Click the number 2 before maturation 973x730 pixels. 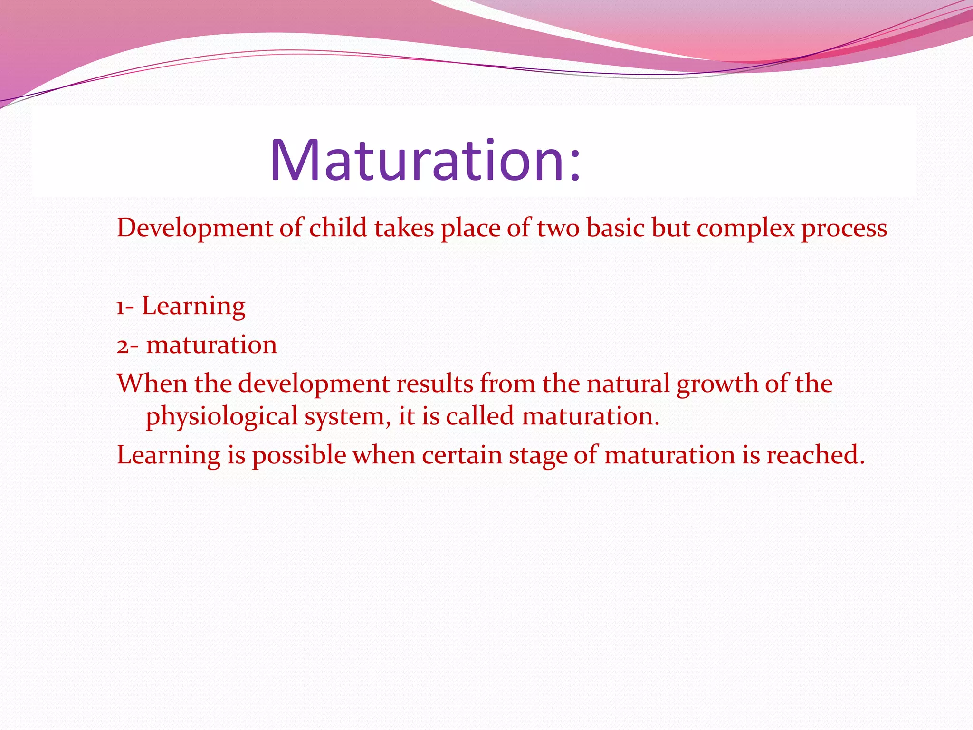pyautogui.click(x=122, y=346)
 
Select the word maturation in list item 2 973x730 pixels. pyautogui.click(x=211, y=345)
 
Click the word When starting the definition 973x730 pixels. pyautogui.click(x=152, y=384)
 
